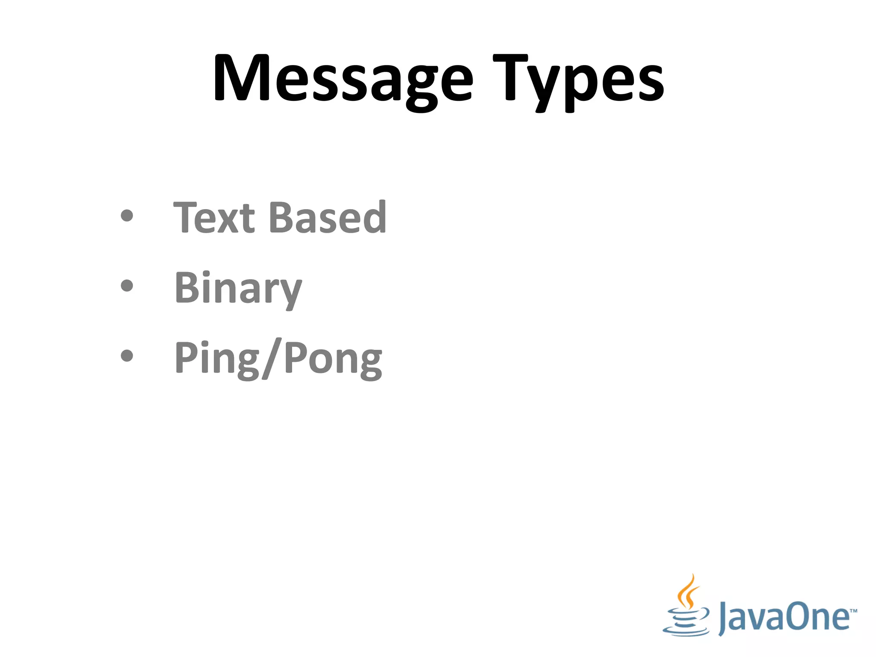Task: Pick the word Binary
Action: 238,289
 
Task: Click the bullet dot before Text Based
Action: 127,216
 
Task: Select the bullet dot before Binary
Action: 127,286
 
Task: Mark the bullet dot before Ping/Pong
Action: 127,355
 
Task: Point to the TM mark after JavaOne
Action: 853,610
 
